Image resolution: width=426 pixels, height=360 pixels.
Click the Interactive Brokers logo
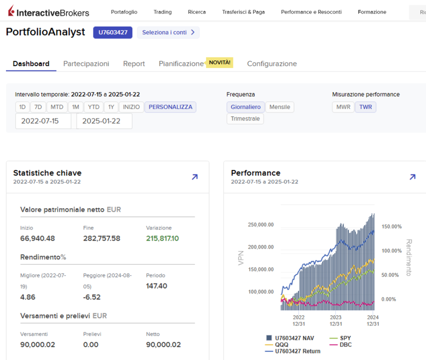[x=48, y=12]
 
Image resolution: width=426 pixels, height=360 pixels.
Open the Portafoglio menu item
[x=124, y=12]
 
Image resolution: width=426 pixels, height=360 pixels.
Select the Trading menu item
[x=163, y=12]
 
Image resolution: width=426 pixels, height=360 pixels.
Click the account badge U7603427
[x=113, y=32]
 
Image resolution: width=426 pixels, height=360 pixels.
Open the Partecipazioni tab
[x=86, y=64]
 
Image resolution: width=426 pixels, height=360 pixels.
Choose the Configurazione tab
[x=272, y=64]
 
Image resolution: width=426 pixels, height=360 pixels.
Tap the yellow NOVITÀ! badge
[x=219, y=62]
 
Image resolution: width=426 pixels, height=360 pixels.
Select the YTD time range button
[x=94, y=107]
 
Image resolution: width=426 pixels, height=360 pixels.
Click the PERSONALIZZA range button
[x=170, y=107]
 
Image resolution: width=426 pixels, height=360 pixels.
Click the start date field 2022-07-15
[x=43, y=121]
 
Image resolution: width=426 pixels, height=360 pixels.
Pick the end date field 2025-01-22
[x=104, y=121]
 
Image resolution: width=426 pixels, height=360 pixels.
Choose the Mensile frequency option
[x=280, y=107]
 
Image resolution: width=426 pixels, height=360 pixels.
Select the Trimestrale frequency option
[x=245, y=118]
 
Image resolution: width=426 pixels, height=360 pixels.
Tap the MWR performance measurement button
[x=343, y=107]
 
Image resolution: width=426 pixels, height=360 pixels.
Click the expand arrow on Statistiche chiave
[x=195, y=177]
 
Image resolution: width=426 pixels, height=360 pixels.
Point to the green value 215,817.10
[x=162, y=238]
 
